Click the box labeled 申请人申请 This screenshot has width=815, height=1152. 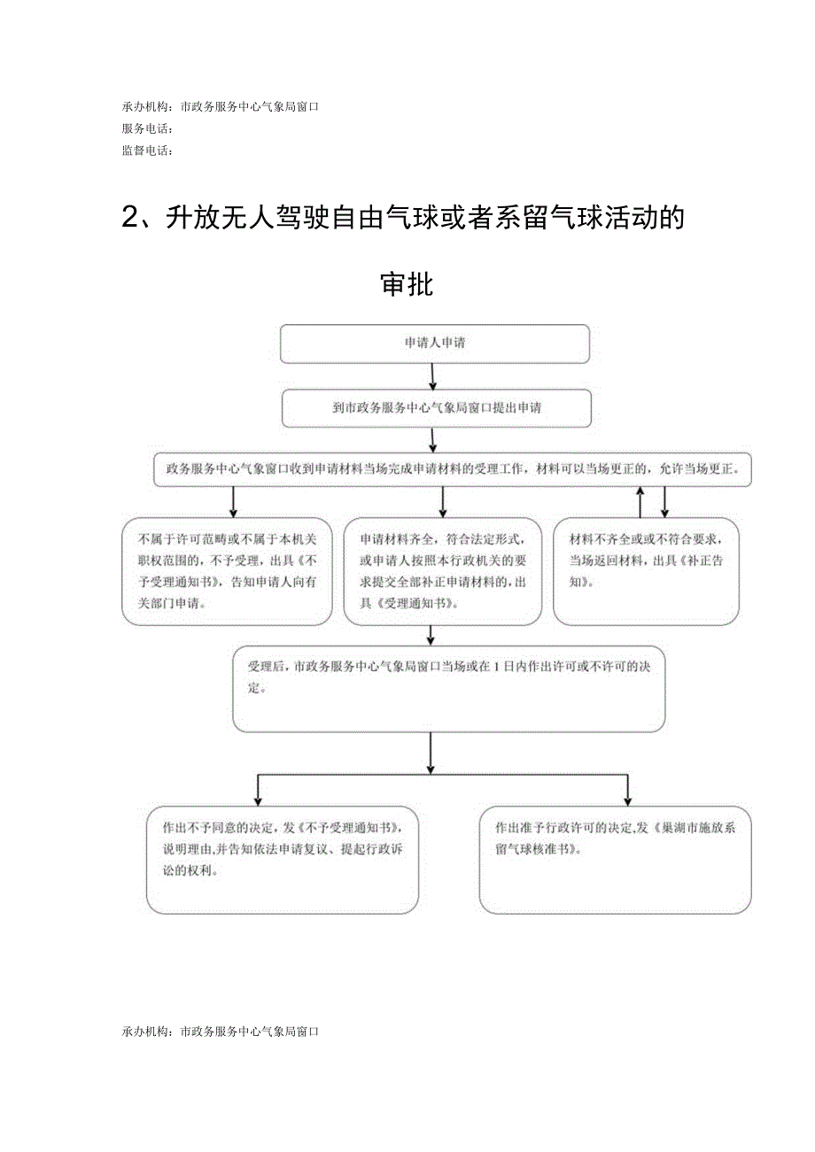pyautogui.click(x=434, y=344)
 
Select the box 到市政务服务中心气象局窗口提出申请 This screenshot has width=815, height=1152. pyautogui.click(x=434, y=409)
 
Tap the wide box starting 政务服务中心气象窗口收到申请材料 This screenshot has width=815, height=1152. pyautogui.click(x=453, y=468)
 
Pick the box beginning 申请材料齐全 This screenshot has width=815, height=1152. pyautogui.click(x=442, y=571)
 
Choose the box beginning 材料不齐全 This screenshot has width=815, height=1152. pyautogui.click(x=646, y=571)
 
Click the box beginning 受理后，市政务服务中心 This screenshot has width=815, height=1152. pyautogui.click(x=448, y=688)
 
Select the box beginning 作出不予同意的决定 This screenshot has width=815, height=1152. pyautogui.click(x=282, y=859)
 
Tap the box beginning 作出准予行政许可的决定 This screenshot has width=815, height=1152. pyautogui.click(x=615, y=859)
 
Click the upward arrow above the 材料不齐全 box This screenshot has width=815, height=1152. pyautogui.click(x=640, y=500)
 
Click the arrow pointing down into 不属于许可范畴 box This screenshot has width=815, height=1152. pyautogui.click(x=234, y=502)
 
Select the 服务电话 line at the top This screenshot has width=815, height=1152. pyautogui.click(x=147, y=129)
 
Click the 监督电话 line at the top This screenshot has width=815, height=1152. pyautogui.click(x=147, y=151)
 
